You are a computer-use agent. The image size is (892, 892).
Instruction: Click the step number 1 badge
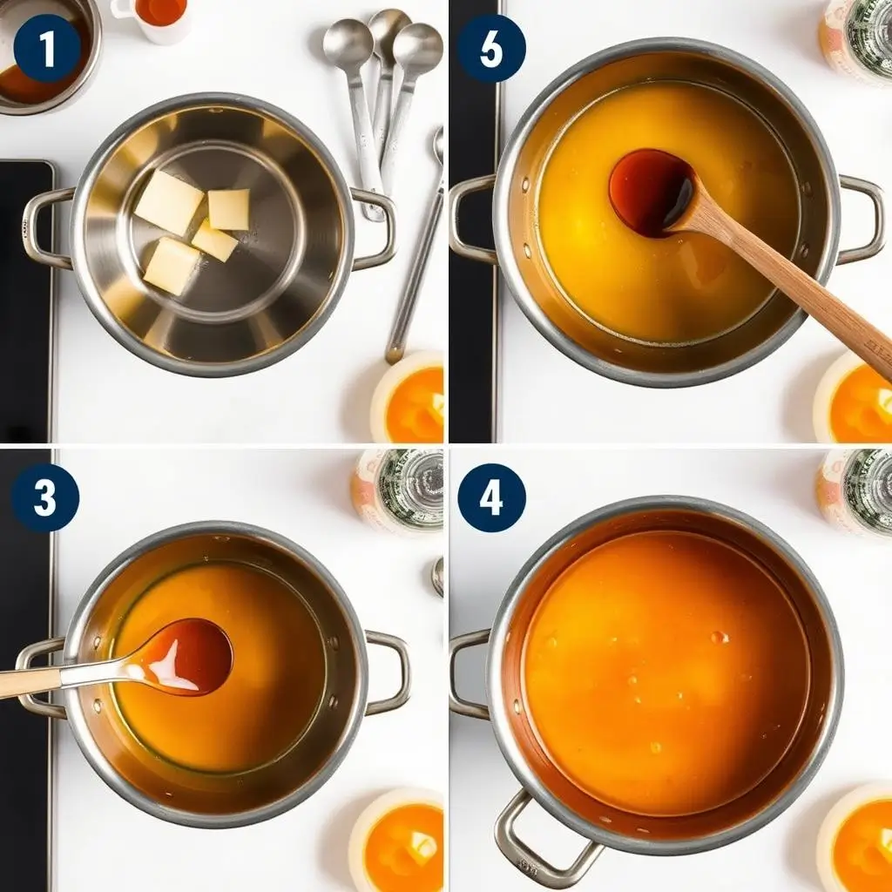[47, 49]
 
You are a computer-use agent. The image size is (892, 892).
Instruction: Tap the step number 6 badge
[491, 49]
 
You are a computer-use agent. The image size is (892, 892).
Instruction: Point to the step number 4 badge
[491, 497]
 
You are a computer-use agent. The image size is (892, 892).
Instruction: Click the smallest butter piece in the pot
[215, 241]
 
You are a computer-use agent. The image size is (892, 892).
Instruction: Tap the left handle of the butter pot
[45, 227]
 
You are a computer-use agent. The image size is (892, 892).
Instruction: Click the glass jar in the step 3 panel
[398, 490]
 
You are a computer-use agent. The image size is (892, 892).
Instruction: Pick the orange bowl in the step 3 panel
[397, 841]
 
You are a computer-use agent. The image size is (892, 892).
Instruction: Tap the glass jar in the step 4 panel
[855, 490]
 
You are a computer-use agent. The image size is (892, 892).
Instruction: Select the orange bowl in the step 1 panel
[408, 398]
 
